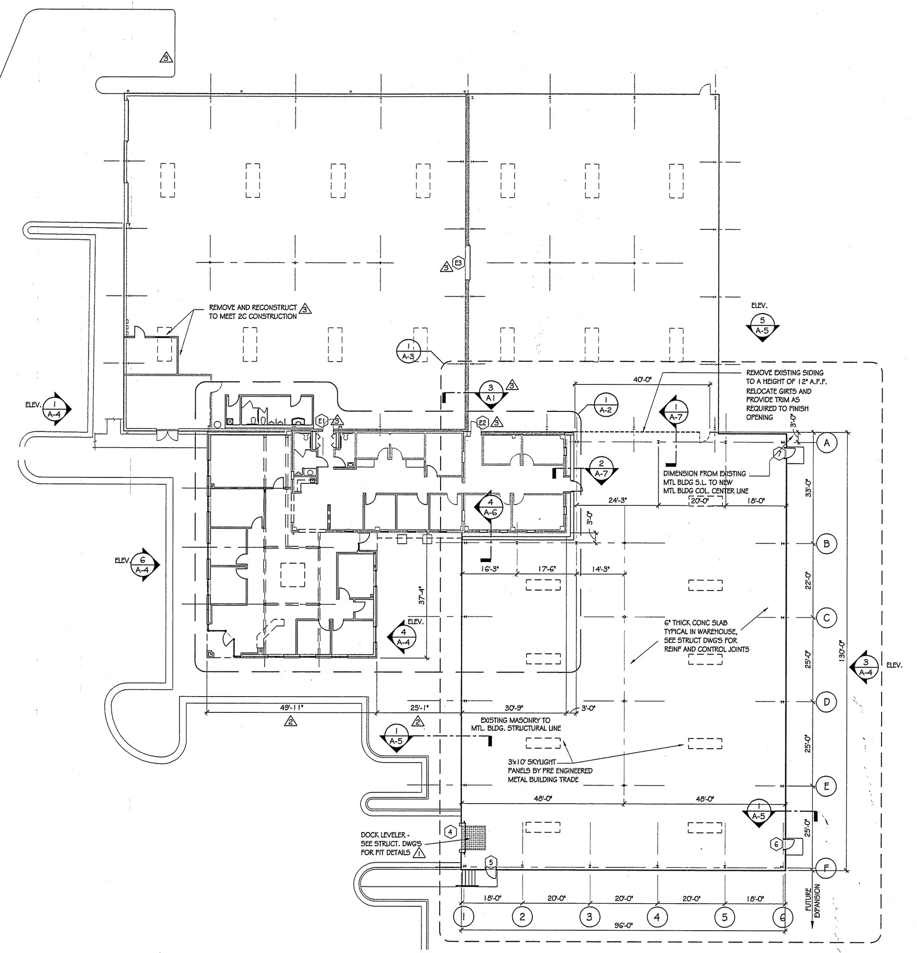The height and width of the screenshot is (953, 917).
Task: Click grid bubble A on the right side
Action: tap(827, 443)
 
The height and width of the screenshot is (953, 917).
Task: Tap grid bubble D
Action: tap(827, 702)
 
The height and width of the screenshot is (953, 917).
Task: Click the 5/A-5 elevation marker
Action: tap(763, 326)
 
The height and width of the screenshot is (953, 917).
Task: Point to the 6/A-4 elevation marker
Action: tap(142, 565)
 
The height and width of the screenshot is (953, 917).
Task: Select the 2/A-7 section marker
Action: tap(602, 469)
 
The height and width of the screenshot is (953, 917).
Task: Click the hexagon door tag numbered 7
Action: tap(779, 454)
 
